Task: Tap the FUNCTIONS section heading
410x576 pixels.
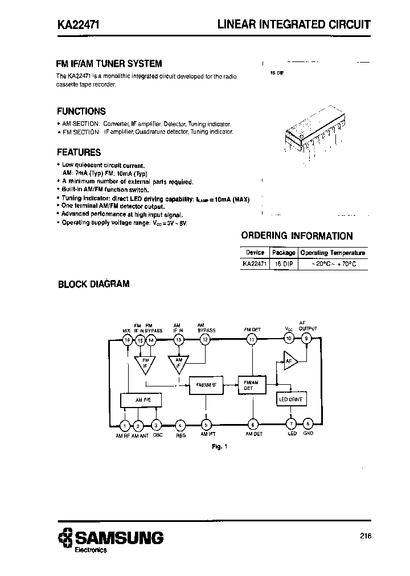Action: (81, 112)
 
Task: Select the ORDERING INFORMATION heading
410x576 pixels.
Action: (297, 236)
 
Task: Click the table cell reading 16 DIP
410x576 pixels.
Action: (283, 265)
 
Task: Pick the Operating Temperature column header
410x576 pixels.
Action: (333, 253)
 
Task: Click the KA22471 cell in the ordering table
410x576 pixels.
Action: (254, 265)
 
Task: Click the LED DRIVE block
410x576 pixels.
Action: (291, 400)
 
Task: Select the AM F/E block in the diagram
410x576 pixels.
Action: (142, 401)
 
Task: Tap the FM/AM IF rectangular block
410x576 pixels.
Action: (206, 385)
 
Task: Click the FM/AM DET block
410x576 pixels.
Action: (251, 385)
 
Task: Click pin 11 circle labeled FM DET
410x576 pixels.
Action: (251, 339)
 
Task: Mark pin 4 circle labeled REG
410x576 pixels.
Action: (180, 425)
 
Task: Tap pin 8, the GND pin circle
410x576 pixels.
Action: (307, 425)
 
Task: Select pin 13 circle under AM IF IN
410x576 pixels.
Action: (178, 340)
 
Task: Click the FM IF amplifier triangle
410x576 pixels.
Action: (145, 363)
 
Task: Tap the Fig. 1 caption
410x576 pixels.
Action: (219, 447)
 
